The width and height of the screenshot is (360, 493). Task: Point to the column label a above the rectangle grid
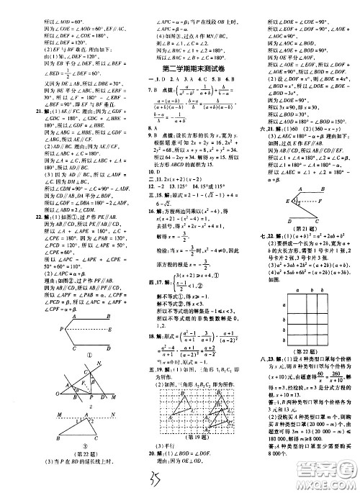tap(297, 290)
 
